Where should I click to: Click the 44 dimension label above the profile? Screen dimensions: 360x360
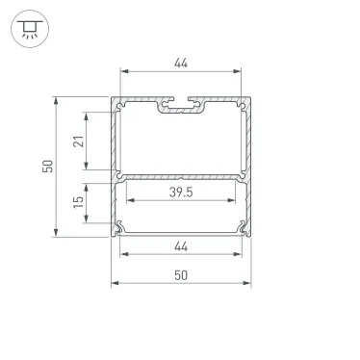tap(180, 63)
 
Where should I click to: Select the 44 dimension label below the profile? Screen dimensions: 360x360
tap(180, 247)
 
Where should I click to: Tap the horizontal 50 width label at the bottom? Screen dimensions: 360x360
tap(180, 275)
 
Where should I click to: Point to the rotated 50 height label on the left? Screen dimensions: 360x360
tap(47, 166)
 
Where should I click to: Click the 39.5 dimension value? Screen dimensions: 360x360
tap(180, 193)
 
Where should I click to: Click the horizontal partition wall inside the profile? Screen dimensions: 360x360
tap(180, 177)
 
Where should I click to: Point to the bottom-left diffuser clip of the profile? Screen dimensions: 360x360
tap(120, 227)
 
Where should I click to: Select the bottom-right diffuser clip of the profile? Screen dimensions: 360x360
tap(240, 227)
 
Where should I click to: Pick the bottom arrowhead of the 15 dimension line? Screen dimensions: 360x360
tap(90, 221)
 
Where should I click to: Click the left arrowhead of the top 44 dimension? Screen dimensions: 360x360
tap(123, 72)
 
